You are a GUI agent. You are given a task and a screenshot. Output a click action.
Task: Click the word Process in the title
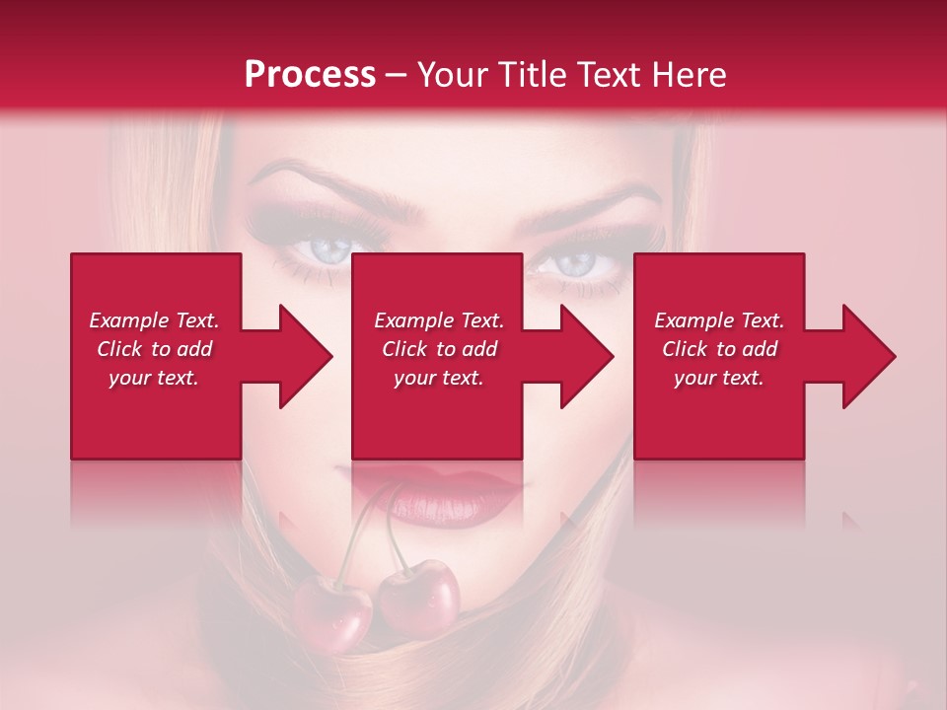tap(310, 75)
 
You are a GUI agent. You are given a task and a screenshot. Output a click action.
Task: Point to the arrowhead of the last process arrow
tap(868, 356)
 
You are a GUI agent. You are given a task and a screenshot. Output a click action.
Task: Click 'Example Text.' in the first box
tap(155, 320)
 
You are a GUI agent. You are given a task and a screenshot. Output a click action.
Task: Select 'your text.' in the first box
tap(155, 378)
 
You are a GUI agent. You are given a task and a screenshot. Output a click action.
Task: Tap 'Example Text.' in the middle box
tap(439, 320)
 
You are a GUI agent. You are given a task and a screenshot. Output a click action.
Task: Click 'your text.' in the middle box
tap(439, 378)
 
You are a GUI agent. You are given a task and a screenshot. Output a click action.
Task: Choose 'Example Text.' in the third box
tap(719, 320)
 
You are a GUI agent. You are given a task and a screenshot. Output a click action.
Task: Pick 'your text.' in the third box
tap(719, 378)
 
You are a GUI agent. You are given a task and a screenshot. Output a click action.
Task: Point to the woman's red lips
tap(434, 493)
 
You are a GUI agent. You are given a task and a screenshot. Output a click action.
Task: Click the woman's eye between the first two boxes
tap(323, 249)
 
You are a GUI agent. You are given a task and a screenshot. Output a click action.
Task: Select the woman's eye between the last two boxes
tap(575, 262)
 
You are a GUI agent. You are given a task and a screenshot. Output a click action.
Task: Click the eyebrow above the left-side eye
tap(306, 182)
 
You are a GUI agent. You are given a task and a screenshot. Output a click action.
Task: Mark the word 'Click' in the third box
tap(685, 349)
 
